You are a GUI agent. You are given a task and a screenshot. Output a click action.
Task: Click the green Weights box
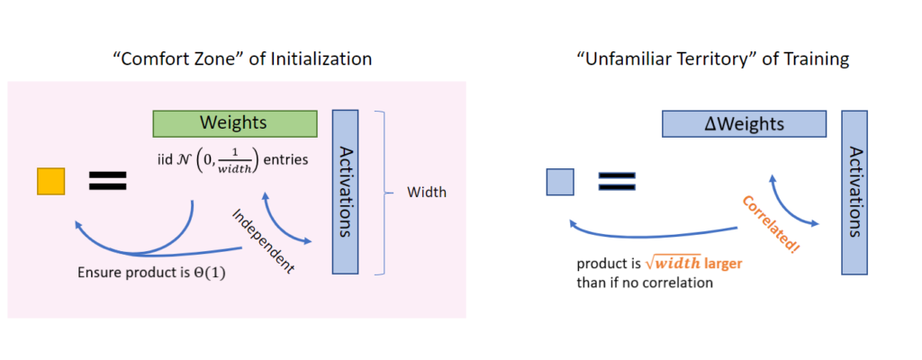(x=234, y=122)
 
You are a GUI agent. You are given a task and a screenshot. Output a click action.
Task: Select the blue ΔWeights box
(x=744, y=123)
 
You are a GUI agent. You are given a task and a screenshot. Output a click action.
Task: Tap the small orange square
(x=50, y=181)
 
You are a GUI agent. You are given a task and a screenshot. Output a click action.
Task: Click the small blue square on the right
(x=559, y=183)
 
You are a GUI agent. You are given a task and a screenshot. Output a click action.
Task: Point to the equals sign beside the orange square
(x=107, y=181)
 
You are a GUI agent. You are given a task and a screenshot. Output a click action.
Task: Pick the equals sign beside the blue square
(x=619, y=183)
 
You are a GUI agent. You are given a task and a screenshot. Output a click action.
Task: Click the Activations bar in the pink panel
(x=346, y=192)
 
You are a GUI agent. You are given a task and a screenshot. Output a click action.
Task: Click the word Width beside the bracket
(x=426, y=192)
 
